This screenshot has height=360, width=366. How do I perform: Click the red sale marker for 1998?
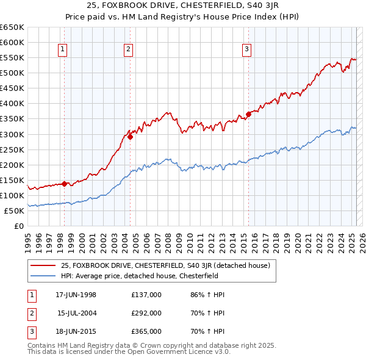[x=64, y=184]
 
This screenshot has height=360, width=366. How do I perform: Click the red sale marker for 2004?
[x=130, y=137]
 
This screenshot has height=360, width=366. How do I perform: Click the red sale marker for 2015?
[x=248, y=114]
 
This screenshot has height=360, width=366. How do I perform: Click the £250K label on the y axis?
[x=13, y=149]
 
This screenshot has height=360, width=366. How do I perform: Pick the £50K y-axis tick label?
[x=15, y=211]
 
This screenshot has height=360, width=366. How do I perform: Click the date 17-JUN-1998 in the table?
[x=76, y=295]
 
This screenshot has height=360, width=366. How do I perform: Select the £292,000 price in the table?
[x=146, y=313]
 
